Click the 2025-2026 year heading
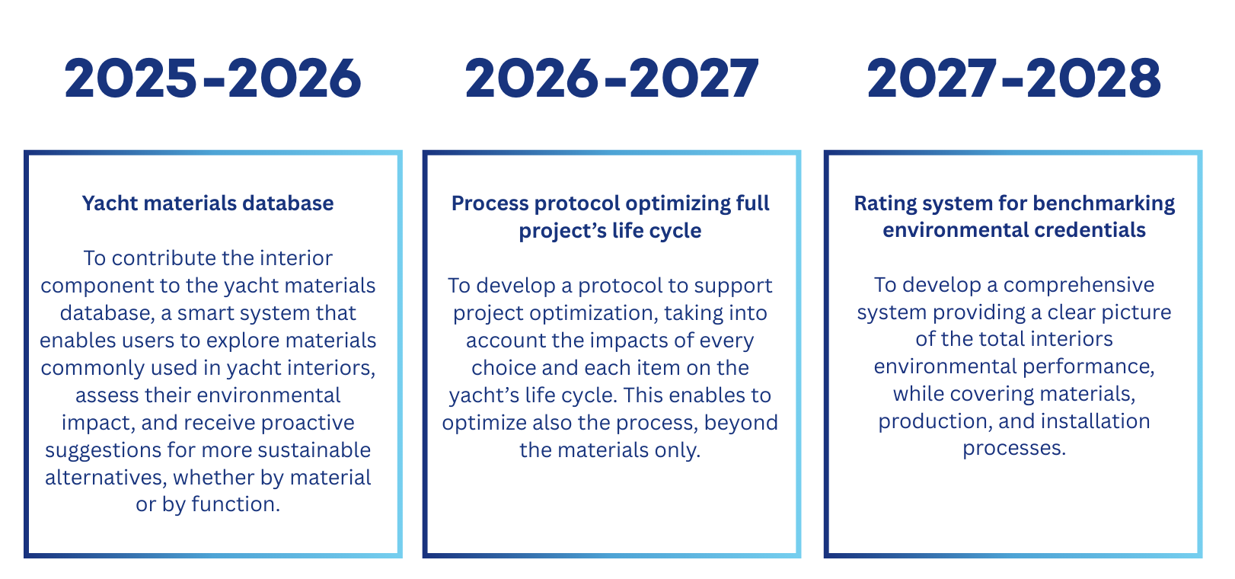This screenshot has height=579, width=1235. (x=213, y=79)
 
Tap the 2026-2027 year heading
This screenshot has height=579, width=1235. (x=612, y=79)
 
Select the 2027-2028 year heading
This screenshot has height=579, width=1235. (x=1014, y=79)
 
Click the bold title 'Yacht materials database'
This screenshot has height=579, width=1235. (x=208, y=203)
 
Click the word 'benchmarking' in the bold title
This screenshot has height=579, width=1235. (x=1104, y=204)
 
